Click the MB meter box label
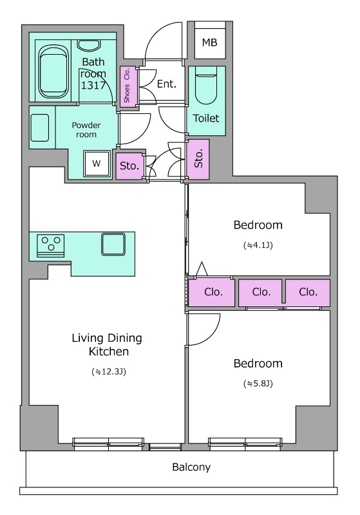(x=209, y=42)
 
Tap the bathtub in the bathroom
(x=54, y=72)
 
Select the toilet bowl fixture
(x=206, y=86)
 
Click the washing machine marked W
(x=96, y=164)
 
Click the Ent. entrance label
(x=167, y=84)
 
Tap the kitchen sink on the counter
(x=113, y=244)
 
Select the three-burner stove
(x=51, y=245)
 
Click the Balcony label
(x=191, y=467)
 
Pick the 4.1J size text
(x=258, y=245)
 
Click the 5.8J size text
(x=258, y=383)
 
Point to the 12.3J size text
(x=109, y=371)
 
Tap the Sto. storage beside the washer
(x=129, y=166)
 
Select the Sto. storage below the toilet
(x=198, y=159)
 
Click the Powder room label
(x=86, y=130)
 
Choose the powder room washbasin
(x=40, y=127)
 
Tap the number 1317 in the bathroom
(x=93, y=86)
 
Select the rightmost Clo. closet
(x=308, y=292)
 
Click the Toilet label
(x=205, y=118)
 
